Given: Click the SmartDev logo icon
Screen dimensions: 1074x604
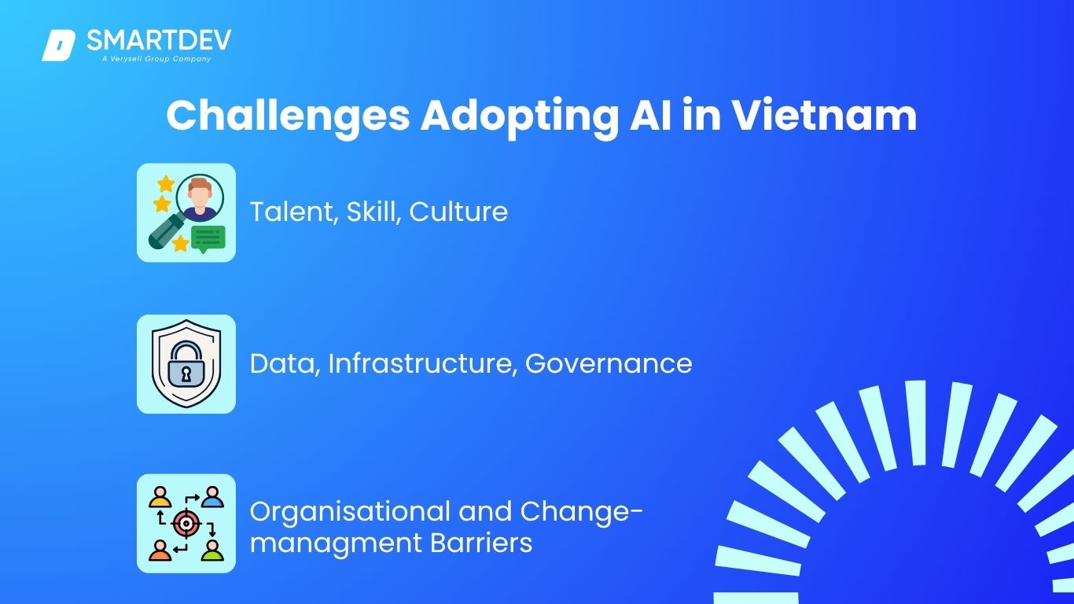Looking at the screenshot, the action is (58, 46).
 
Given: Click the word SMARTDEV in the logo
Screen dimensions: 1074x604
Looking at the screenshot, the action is (159, 40).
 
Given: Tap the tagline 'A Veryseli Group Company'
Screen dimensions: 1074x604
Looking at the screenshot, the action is (156, 59).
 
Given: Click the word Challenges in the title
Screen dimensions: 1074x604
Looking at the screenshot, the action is (288, 116).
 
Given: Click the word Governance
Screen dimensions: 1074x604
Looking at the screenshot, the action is (609, 363).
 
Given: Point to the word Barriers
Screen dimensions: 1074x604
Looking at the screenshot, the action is (481, 543).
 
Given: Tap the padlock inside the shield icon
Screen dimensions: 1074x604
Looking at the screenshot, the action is (186, 363).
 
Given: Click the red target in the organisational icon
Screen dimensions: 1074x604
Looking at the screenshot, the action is (186, 524).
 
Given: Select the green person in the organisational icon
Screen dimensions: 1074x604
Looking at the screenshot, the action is (212, 551).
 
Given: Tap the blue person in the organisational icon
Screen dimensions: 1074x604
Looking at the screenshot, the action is (212, 497).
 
